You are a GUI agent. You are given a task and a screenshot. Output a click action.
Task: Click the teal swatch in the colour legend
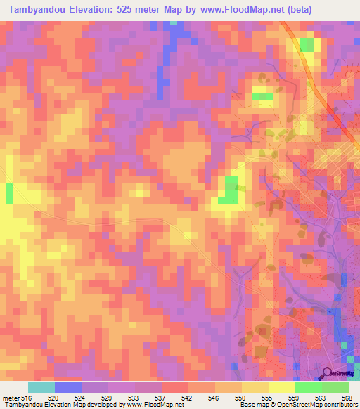pyautogui.click(x=41, y=388)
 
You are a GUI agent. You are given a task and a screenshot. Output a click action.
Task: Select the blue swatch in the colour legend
pyautogui.click(x=68, y=388)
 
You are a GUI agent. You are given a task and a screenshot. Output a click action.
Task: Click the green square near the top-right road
pyautogui.click(x=307, y=45)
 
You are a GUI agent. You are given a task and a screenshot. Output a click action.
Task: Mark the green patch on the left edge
pyautogui.click(x=10, y=193)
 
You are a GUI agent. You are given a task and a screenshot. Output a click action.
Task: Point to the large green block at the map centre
pyautogui.click(x=229, y=190)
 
